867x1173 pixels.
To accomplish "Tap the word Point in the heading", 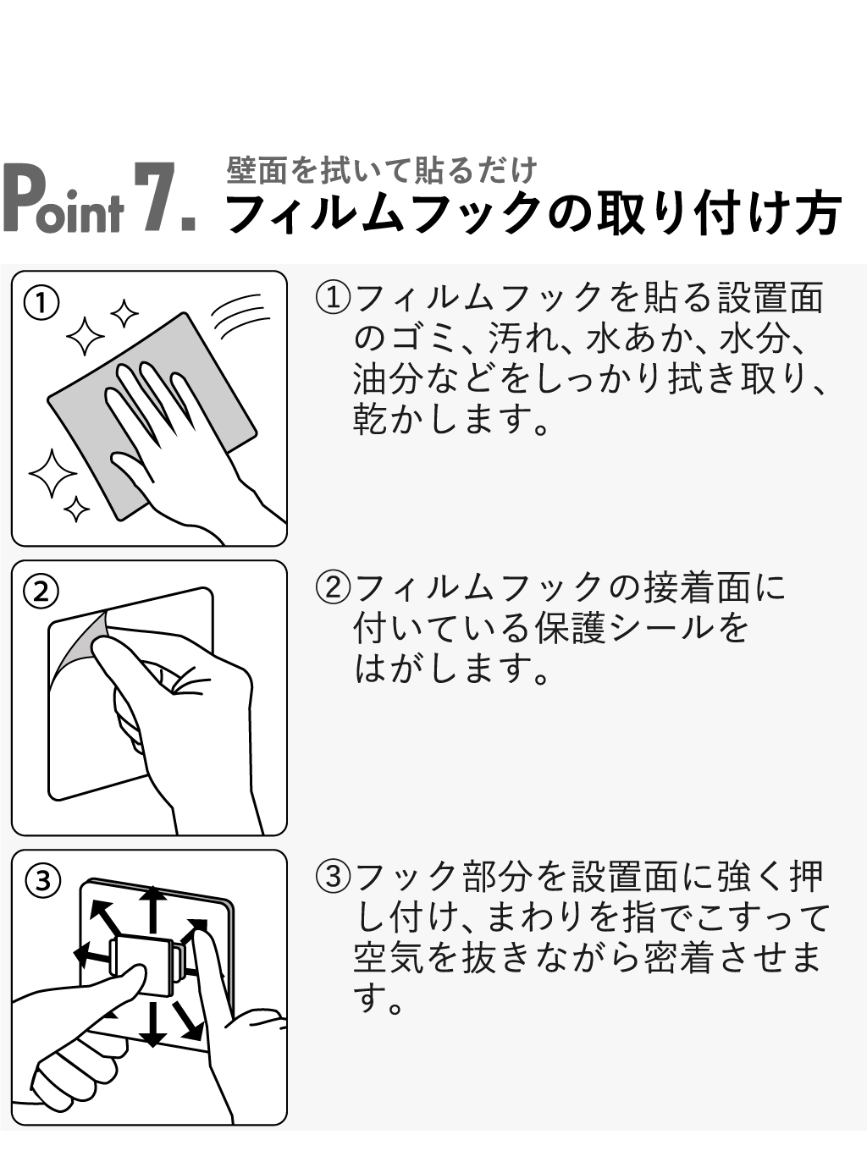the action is (x=63, y=198).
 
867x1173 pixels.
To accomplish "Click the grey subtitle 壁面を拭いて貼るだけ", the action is (x=382, y=171).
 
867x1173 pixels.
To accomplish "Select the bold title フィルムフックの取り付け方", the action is (x=533, y=213).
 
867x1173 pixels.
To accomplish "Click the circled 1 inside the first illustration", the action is (x=41, y=303).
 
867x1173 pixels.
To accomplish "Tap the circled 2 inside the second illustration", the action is (x=41, y=592).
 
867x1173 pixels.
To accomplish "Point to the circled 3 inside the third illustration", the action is (x=43, y=881).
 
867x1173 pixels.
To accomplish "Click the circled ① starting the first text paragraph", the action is (x=333, y=297).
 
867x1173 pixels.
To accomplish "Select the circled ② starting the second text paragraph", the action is (x=333, y=587).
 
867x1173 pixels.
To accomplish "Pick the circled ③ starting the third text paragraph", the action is (x=333, y=876).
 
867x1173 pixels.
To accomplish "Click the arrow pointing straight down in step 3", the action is (x=153, y=1023).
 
